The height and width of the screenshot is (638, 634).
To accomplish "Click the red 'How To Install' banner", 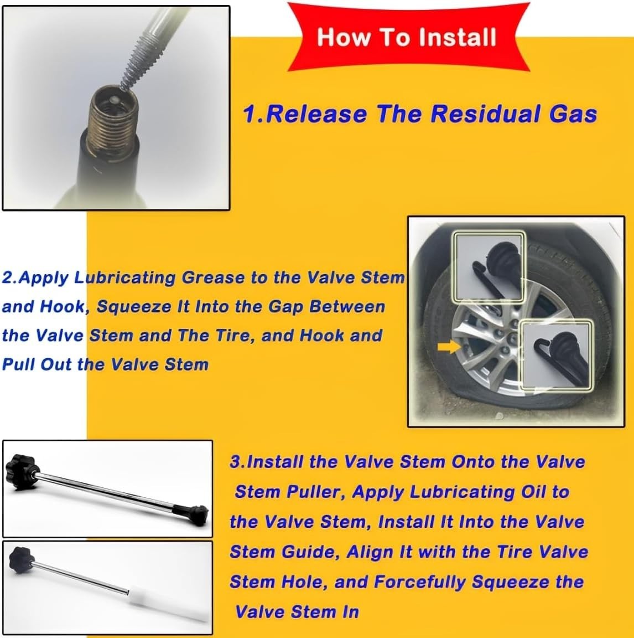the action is (x=408, y=37).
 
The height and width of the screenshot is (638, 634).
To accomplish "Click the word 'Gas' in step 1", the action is (x=573, y=114).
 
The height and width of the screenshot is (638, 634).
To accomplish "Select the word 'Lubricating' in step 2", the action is (x=125, y=278).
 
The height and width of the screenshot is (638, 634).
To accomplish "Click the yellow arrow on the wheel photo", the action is (x=449, y=347).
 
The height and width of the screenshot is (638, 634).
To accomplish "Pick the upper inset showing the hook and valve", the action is (x=489, y=267).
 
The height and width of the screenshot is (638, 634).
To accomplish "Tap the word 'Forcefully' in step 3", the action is (x=419, y=582).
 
